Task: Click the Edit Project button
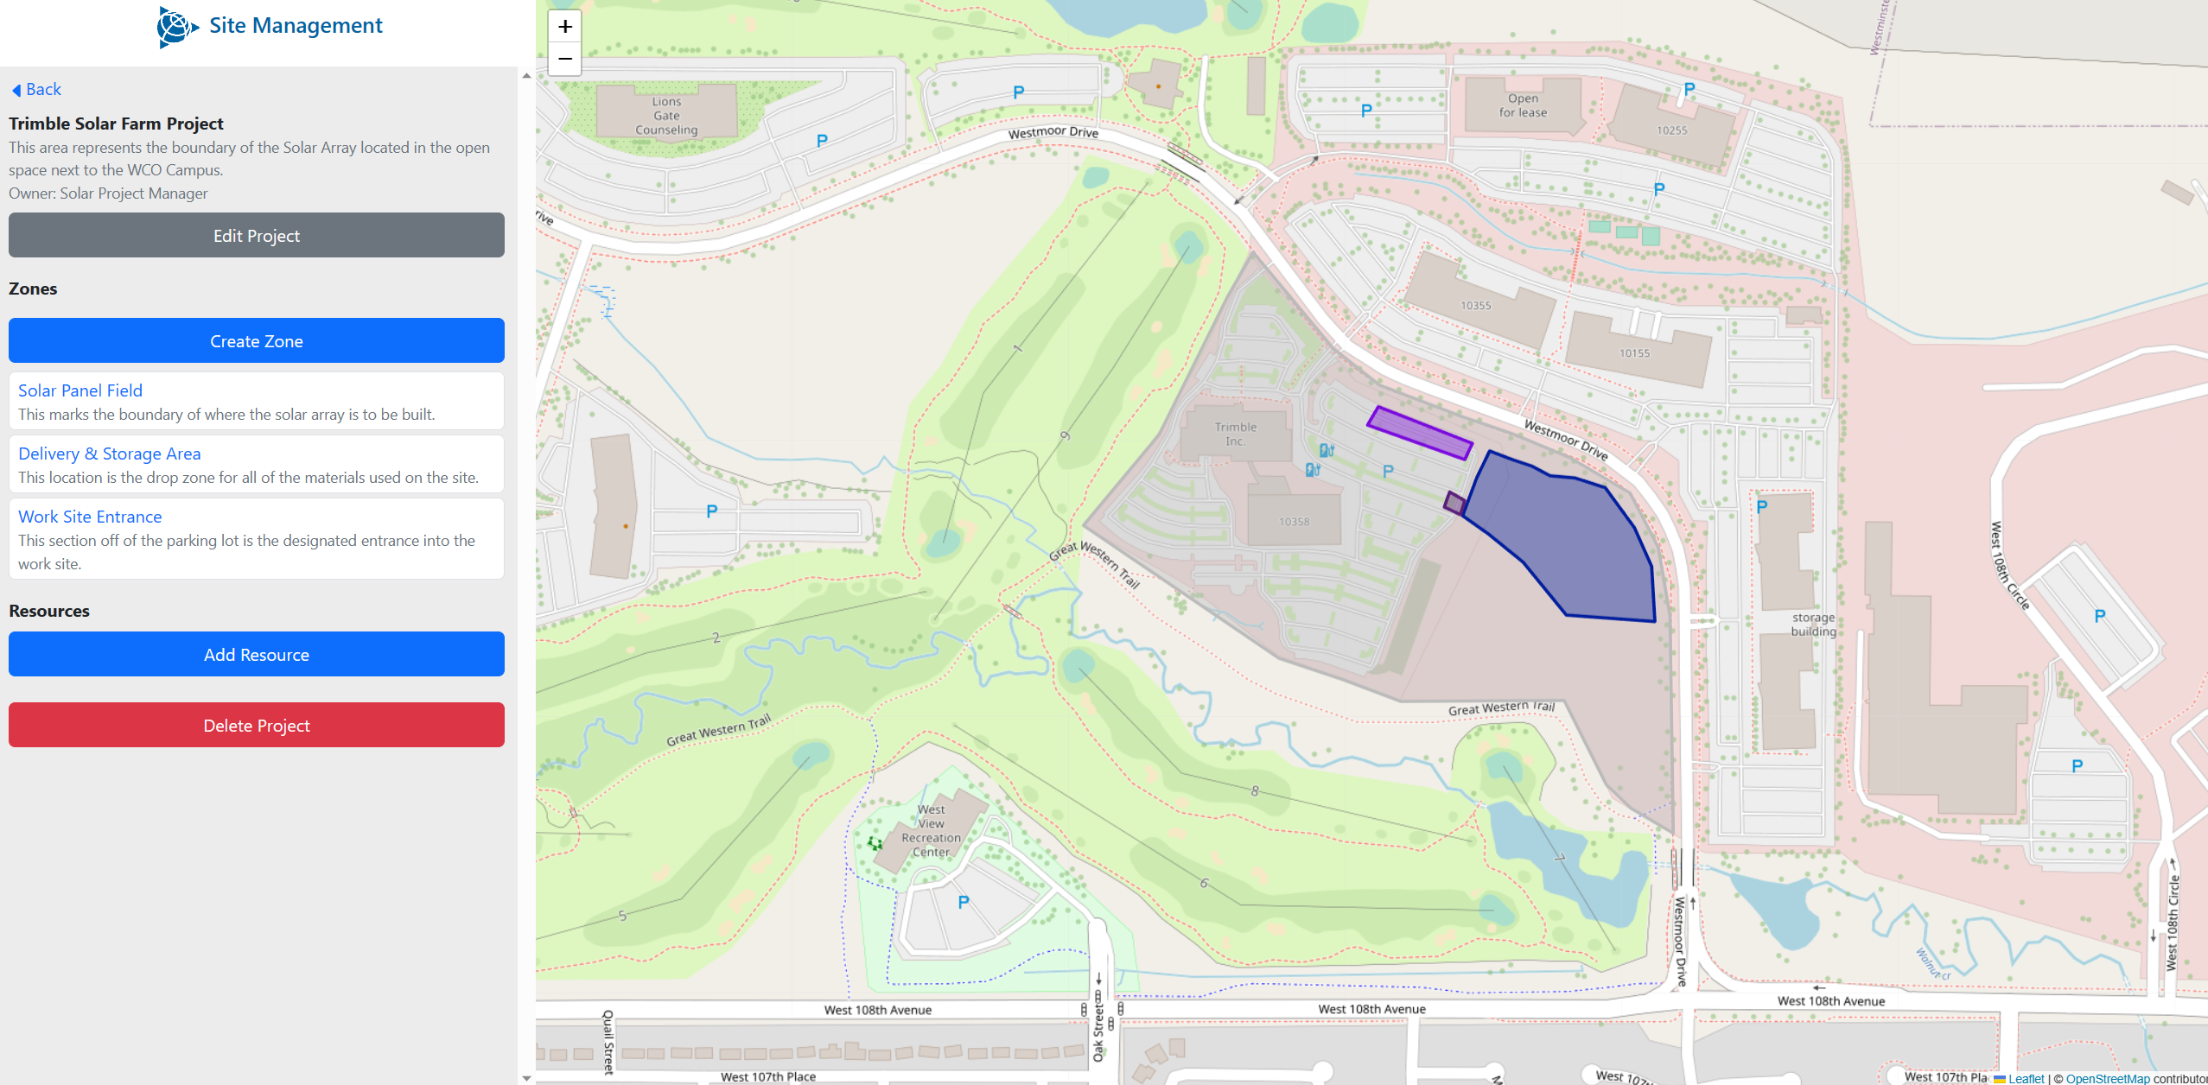256,236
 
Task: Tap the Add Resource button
256,655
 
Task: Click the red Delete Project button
256,726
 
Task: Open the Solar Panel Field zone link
80,390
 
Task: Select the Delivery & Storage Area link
109,454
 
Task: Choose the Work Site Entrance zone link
90,517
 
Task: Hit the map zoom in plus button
565,27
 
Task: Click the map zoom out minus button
565,59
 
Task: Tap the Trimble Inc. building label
1235,434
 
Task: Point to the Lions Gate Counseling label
666,116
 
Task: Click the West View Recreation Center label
931,830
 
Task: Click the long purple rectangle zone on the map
1419,433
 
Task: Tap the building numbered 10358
1294,522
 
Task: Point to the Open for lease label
1523,105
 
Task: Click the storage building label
1813,625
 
